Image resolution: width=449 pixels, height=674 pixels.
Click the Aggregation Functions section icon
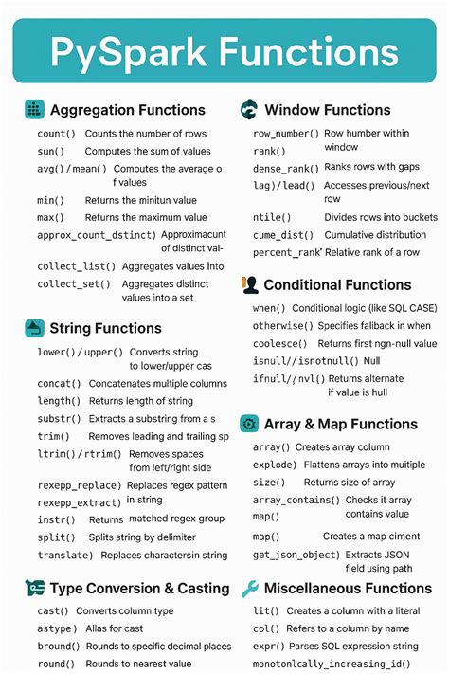click(34, 109)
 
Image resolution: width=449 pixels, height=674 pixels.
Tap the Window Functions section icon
click(249, 109)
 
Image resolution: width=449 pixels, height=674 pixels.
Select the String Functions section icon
click(34, 328)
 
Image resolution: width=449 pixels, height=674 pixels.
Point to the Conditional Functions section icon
click(250, 284)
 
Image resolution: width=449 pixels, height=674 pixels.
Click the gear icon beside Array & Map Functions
click(250, 424)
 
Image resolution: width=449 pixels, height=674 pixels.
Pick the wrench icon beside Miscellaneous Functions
click(250, 589)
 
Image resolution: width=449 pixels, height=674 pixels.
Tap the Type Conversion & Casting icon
click(34, 589)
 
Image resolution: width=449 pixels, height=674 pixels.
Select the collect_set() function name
click(74, 283)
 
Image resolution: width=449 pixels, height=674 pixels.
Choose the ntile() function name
click(272, 217)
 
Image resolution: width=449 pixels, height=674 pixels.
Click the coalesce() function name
click(280, 343)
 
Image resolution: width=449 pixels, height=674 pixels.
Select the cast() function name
click(52, 611)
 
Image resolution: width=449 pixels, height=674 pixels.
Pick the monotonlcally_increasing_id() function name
click(331, 664)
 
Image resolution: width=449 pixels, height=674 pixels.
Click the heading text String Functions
click(105, 328)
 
